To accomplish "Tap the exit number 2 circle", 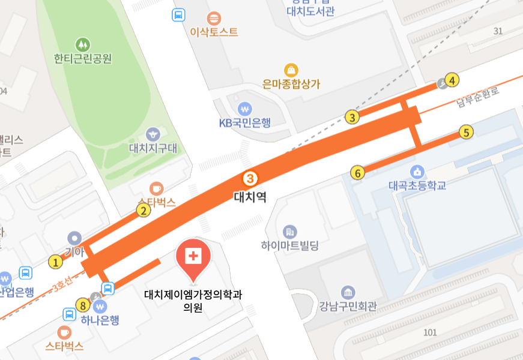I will [x=143, y=210].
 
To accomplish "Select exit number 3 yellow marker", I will [x=352, y=117].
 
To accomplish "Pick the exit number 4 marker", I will [x=452, y=80].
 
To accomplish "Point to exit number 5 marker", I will [x=466, y=132].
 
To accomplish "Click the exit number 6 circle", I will [x=358, y=173].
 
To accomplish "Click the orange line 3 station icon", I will [x=249, y=178].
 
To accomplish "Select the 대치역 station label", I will [x=249, y=196].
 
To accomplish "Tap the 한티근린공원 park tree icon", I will [x=83, y=44].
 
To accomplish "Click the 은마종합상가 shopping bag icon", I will [x=292, y=70].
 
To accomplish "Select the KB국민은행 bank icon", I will [x=244, y=109].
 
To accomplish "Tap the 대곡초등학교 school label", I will [x=417, y=185].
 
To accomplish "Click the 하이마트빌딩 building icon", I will [x=290, y=232].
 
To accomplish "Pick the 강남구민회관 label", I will [x=348, y=307].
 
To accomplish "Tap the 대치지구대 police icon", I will [x=153, y=134].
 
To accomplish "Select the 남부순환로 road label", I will [x=477, y=98].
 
